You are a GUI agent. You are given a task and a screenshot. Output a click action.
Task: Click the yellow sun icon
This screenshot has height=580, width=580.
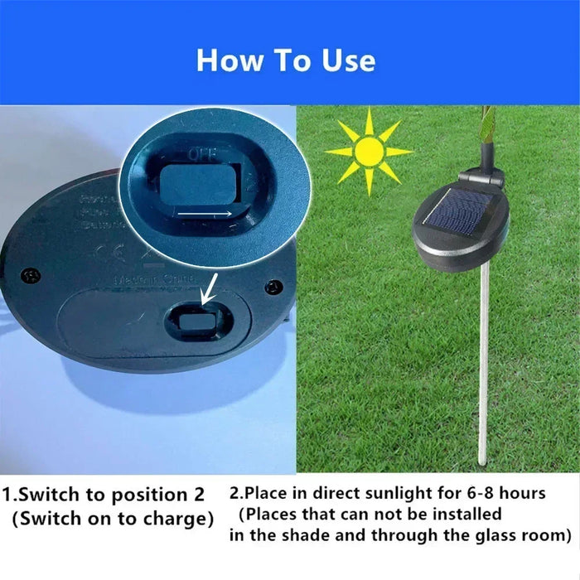click(369, 152)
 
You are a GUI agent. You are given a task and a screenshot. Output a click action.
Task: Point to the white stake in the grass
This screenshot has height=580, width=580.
click(481, 365)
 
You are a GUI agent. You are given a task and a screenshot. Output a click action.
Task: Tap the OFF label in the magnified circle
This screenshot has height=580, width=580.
click(199, 154)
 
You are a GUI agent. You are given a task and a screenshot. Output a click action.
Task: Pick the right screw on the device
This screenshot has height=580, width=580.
click(274, 287)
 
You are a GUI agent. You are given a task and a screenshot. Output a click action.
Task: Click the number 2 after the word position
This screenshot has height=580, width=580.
click(197, 495)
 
